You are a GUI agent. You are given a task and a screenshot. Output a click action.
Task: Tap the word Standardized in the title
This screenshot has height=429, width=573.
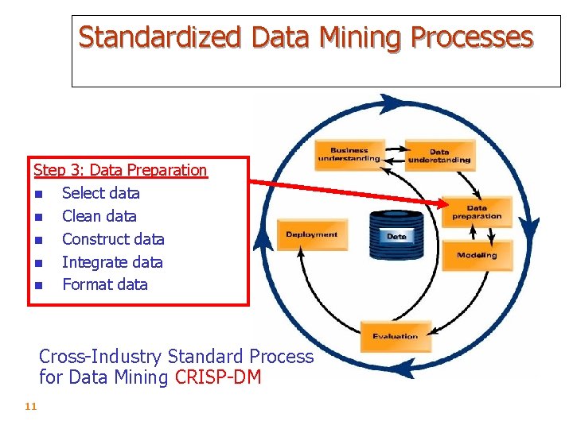pos(159,37)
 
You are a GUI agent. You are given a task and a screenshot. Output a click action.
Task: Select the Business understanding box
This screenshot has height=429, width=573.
pos(349,155)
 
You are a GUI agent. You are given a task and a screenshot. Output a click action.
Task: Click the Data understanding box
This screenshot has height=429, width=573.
pos(439,156)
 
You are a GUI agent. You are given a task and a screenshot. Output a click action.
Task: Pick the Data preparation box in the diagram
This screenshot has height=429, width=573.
pos(477,212)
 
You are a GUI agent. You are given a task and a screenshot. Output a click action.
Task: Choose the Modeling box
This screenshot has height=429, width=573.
pos(477,255)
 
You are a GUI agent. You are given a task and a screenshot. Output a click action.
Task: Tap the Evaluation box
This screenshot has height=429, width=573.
pos(395,336)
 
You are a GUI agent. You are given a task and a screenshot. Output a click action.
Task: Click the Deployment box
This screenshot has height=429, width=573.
pos(311,234)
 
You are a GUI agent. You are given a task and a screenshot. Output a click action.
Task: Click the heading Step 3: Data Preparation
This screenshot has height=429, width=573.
pos(120,170)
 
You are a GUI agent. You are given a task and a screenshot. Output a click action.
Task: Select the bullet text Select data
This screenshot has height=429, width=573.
pos(100,193)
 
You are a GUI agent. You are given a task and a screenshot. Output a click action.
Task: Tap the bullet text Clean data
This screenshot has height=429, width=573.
pos(99,216)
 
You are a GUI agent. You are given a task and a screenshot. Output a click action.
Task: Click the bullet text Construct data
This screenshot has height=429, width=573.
pos(113,239)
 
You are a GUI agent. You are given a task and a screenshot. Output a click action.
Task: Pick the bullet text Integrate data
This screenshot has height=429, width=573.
pos(112,262)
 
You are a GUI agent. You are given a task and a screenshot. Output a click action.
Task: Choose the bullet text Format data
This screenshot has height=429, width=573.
pos(104,284)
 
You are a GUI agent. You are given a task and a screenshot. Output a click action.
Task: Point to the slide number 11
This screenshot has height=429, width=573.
pos(31,407)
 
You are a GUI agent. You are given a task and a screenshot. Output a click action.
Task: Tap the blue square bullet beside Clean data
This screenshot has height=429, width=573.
pos(38,217)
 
